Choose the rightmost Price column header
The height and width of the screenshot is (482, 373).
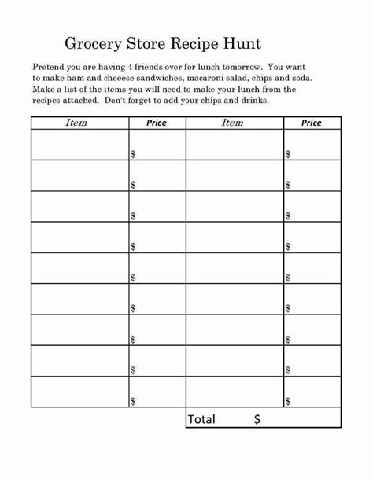[x=312, y=123]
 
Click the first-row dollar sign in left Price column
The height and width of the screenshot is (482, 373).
[x=132, y=154]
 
